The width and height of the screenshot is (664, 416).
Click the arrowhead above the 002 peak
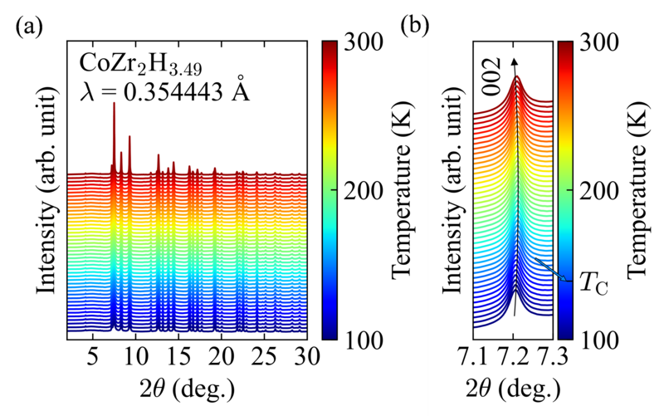[515, 61]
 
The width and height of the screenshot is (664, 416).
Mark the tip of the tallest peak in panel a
[114, 103]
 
